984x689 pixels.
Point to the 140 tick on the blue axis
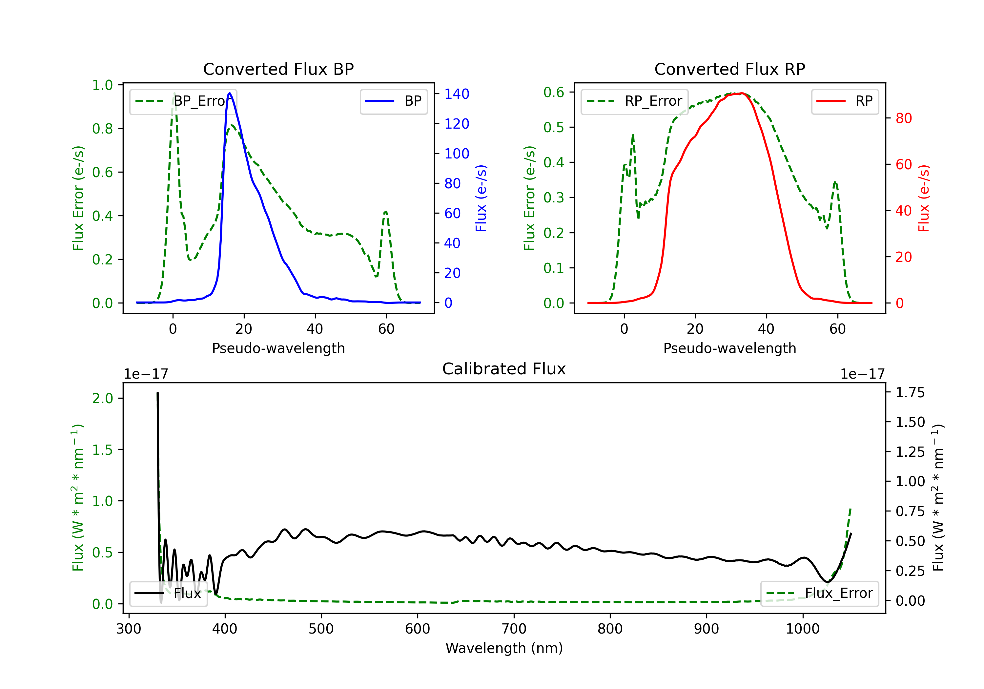click(457, 94)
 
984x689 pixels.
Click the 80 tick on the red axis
click(903, 118)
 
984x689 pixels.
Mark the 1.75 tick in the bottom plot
click(910, 393)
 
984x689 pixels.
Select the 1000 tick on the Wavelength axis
click(802, 629)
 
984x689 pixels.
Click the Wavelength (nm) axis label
click(504, 648)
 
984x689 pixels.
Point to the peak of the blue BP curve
click(230, 93)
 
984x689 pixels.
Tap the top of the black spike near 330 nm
click(157, 393)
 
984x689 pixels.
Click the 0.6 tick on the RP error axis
click(553, 92)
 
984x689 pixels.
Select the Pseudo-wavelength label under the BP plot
click(278, 348)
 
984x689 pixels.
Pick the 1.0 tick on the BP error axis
click(102, 85)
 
